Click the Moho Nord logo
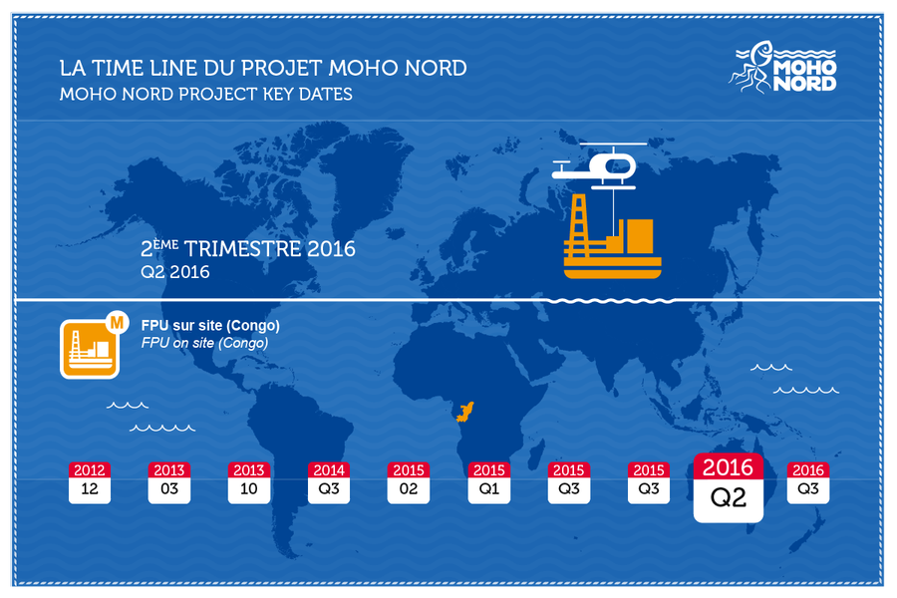pyautogui.click(x=782, y=67)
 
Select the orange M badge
pyautogui.click(x=118, y=323)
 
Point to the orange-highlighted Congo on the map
pyautogui.click(x=465, y=411)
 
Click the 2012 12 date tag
pyautogui.click(x=90, y=482)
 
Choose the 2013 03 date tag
pyautogui.click(x=169, y=482)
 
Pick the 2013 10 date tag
pyautogui.click(x=249, y=482)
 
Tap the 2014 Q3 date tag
pyautogui.click(x=329, y=482)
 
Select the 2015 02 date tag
pyautogui.click(x=409, y=482)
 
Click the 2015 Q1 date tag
pyautogui.click(x=489, y=482)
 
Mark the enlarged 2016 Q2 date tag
pyautogui.click(x=729, y=487)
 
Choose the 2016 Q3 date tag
pyautogui.click(x=808, y=482)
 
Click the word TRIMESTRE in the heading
pyautogui.click(x=242, y=249)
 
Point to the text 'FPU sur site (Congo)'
pyautogui.click(x=210, y=326)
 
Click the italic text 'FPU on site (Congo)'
pyautogui.click(x=204, y=343)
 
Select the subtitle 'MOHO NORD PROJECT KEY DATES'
pyautogui.click(x=206, y=94)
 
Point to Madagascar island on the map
pyautogui.click(x=535, y=457)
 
